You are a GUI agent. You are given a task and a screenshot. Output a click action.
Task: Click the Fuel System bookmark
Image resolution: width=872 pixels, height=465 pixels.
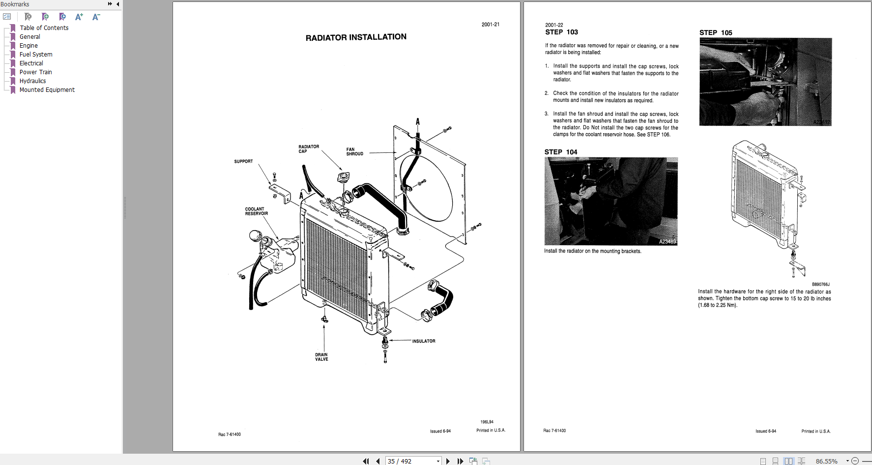click(x=35, y=55)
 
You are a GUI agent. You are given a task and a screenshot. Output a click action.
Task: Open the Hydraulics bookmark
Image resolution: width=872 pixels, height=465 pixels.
click(x=32, y=81)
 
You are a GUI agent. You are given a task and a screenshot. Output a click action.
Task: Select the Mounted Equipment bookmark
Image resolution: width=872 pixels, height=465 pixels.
click(x=47, y=90)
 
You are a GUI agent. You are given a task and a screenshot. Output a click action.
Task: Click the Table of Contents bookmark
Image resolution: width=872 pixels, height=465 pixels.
click(x=44, y=28)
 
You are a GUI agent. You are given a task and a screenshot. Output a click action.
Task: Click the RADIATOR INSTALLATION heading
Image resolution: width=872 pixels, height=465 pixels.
click(x=356, y=37)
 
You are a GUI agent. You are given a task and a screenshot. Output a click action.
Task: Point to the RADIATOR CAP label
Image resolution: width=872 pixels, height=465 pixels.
click(x=309, y=149)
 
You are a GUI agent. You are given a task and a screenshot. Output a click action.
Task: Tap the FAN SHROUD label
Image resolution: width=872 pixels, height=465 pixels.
click(x=354, y=151)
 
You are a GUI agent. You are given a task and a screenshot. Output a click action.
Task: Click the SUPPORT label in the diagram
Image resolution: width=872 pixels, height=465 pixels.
click(x=243, y=161)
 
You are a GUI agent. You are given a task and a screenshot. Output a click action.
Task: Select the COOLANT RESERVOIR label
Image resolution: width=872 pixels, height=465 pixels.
click(x=256, y=211)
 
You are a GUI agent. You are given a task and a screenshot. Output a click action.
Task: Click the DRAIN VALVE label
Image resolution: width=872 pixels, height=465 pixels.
click(x=321, y=357)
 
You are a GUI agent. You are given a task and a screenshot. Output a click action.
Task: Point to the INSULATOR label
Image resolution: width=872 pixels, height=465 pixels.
click(x=423, y=341)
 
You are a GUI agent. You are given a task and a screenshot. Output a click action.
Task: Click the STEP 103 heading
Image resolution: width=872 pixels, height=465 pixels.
click(x=561, y=32)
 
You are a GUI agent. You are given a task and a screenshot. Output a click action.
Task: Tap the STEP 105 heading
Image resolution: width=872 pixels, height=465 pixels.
click(x=716, y=33)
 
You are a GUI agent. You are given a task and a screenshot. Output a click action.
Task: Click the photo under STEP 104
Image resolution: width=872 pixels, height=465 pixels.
click(x=610, y=201)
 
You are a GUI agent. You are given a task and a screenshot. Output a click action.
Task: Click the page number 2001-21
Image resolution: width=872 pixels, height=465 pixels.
click(x=490, y=25)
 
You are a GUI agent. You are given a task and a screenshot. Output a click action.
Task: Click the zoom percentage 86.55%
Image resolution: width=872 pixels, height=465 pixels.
click(x=826, y=461)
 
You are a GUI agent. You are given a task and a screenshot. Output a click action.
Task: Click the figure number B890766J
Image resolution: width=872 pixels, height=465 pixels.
click(x=820, y=284)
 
